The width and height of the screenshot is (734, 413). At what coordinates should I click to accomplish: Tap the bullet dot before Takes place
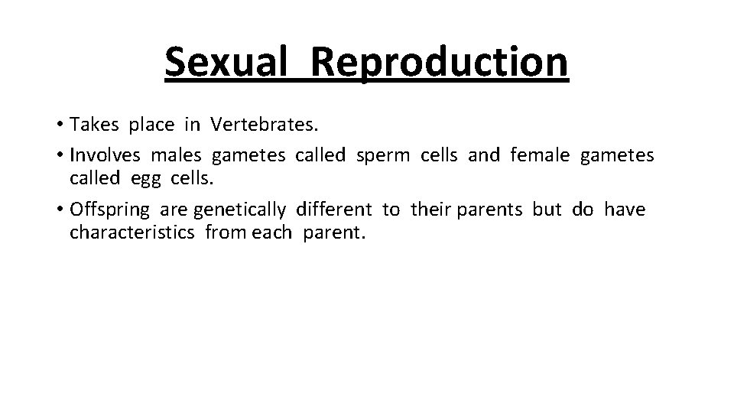(60, 125)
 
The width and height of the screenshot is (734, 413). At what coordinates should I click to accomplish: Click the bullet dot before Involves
(60, 156)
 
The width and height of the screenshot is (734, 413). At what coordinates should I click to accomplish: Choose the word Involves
(105, 155)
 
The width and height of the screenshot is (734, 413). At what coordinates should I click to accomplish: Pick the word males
(176, 155)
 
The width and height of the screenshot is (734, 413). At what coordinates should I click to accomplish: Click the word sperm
(384, 156)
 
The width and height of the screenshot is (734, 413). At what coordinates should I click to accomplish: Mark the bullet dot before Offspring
(60, 210)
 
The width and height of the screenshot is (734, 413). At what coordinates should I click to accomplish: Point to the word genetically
(239, 210)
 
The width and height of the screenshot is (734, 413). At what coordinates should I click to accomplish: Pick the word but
(547, 209)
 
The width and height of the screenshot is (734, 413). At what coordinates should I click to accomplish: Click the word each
(271, 233)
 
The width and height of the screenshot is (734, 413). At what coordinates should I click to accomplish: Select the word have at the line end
(624, 209)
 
